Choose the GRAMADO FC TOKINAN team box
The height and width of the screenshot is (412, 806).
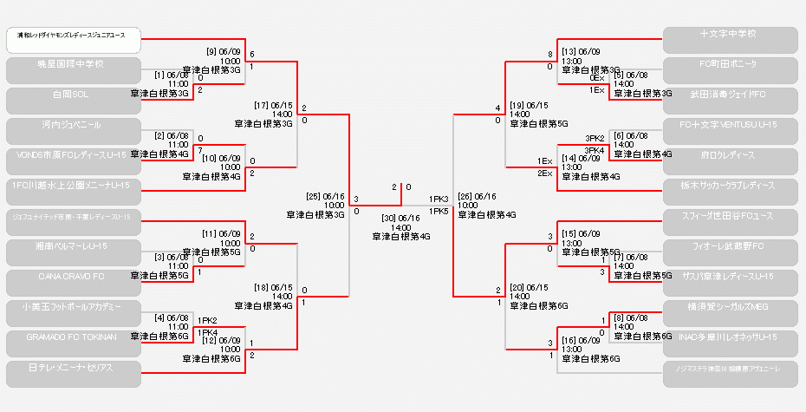(x=73, y=343)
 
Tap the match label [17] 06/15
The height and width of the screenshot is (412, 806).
(x=274, y=105)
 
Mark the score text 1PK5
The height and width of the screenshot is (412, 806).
(x=439, y=211)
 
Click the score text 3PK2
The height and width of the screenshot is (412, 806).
(x=595, y=138)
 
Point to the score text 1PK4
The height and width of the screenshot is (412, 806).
(x=207, y=332)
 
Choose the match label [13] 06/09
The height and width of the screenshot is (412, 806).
(x=581, y=51)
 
